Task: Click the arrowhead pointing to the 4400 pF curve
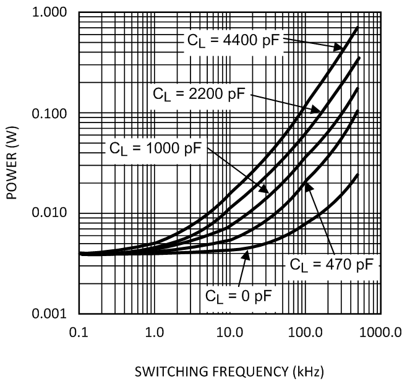pos(341,49)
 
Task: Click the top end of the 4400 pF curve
pos(358,28)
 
